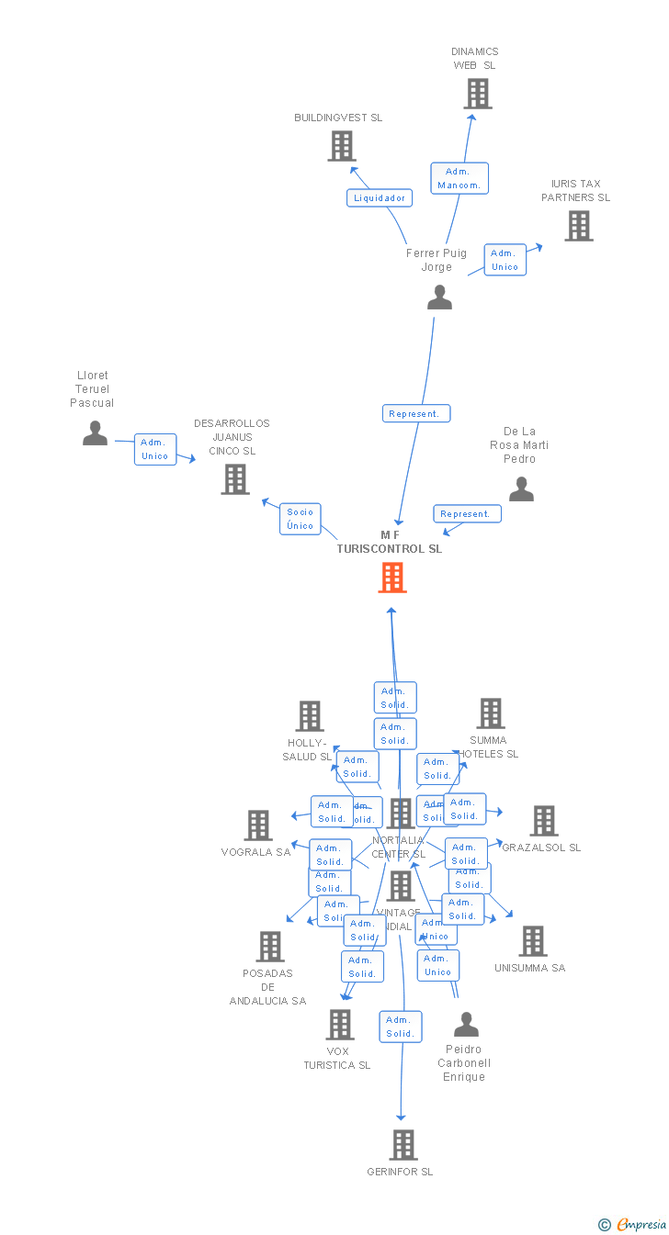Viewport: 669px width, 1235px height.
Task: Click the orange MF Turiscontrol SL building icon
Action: [x=392, y=578]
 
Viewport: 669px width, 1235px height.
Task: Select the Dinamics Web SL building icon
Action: [x=477, y=94]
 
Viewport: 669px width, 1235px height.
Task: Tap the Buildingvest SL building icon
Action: [x=342, y=146]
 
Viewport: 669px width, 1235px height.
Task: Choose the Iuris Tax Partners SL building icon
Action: [x=578, y=226]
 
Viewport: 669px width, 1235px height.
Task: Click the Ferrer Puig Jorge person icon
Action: [x=439, y=298]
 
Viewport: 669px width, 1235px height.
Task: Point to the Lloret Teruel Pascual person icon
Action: [x=95, y=433]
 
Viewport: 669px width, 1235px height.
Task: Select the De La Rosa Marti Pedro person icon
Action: [x=521, y=489]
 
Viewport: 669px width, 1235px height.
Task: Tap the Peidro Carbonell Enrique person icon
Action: [x=466, y=1024]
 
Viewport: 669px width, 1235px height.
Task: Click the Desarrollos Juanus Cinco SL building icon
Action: [x=235, y=479]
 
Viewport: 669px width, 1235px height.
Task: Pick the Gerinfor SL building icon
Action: [x=403, y=1145]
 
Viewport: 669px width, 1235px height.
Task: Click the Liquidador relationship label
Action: [x=380, y=197]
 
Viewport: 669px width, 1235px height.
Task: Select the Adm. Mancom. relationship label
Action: [x=459, y=178]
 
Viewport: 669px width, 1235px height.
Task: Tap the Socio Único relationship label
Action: [x=300, y=519]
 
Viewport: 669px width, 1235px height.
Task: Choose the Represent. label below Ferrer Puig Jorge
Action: [x=416, y=413]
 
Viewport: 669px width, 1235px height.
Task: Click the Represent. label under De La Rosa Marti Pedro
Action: [x=467, y=513]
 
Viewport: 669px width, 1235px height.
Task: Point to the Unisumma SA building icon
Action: [x=532, y=941]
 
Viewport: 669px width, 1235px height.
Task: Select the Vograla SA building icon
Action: [x=258, y=825]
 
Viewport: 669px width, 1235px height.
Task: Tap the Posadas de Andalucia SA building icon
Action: [x=270, y=947]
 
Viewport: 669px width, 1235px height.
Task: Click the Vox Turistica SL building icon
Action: [x=340, y=1025]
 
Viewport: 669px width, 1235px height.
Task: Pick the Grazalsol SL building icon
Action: [x=543, y=821]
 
